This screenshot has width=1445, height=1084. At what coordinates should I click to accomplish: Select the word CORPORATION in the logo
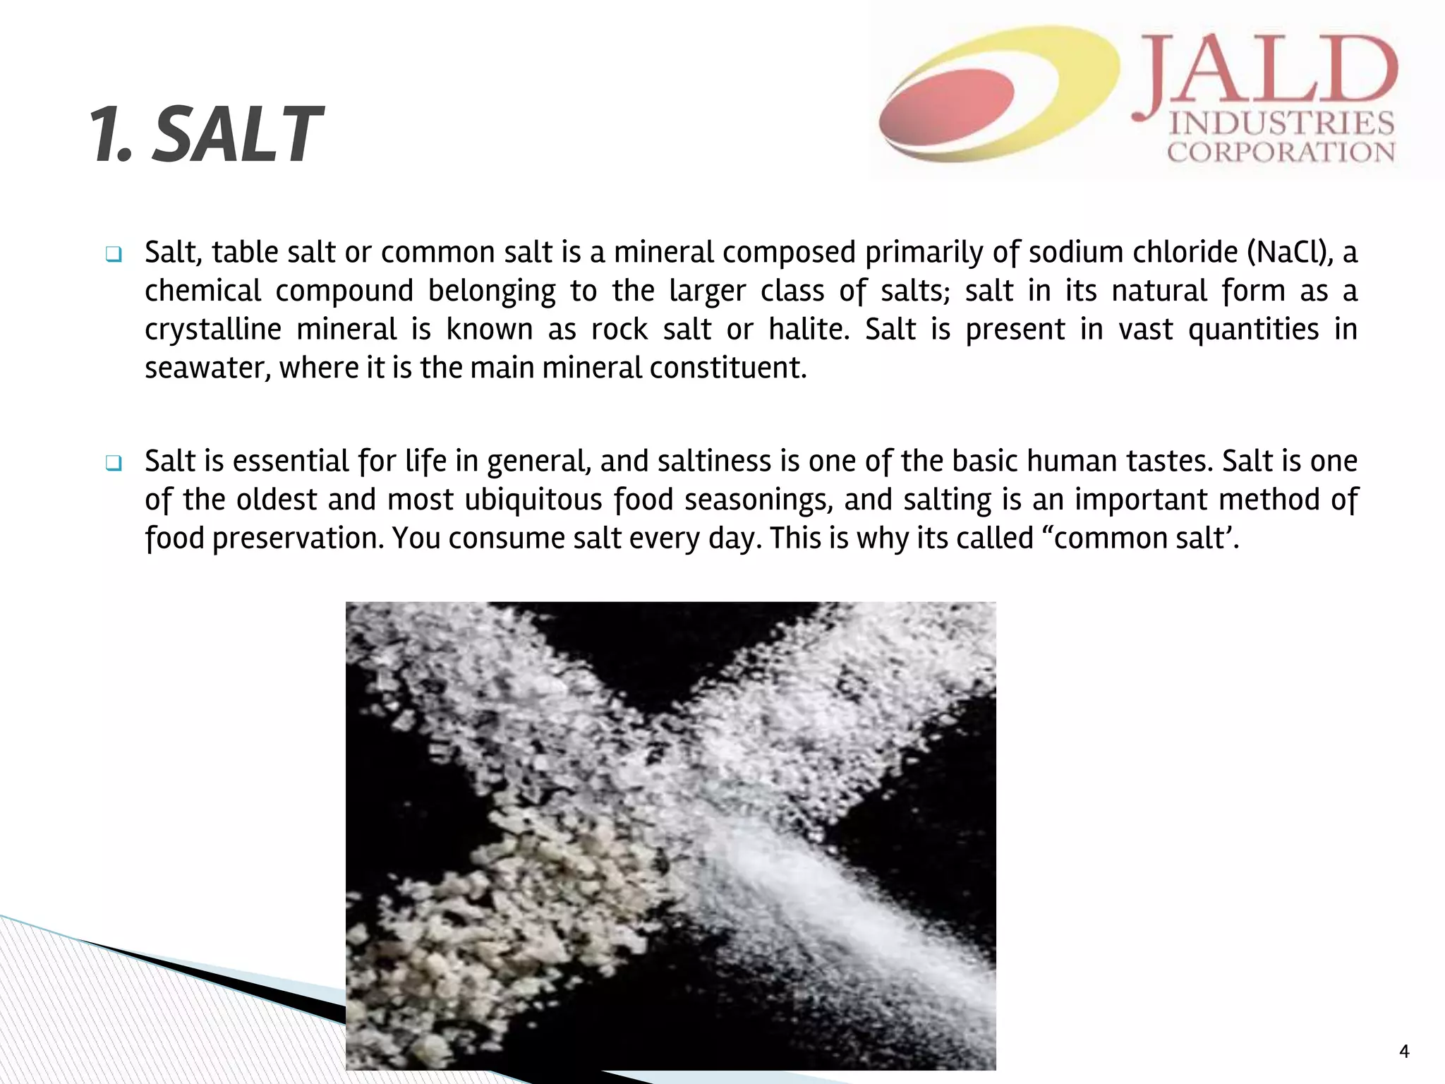click(x=1281, y=152)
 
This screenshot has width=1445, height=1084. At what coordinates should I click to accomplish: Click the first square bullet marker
click(x=114, y=254)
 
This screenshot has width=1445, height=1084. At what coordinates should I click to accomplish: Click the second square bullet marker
click(x=114, y=463)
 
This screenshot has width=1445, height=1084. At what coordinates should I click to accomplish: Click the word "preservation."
click(x=298, y=538)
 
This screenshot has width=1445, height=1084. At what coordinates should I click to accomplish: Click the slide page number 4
click(x=1403, y=1052)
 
